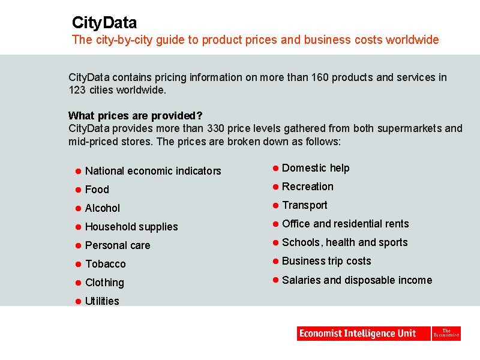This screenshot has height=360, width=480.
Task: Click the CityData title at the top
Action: pos(104,23)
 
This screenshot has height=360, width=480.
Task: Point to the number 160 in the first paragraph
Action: pos(320,77)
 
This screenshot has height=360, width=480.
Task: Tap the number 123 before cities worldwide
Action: pos(77,90)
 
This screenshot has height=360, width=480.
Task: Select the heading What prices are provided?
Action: pos(136,116)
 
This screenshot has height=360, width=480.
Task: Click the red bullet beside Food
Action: pos(78,190)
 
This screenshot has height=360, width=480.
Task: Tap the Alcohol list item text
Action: pos(103,208)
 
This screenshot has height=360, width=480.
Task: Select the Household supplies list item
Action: pos(131,227)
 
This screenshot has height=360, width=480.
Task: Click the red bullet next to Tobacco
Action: pos(78,264)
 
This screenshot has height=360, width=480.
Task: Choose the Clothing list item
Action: pos(104,283)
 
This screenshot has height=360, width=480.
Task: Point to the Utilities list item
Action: pos(102,301)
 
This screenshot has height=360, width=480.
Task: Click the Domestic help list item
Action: pos(316,168)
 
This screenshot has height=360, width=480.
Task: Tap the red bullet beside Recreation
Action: pos(275,187)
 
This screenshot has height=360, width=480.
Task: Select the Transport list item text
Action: pos(305,205)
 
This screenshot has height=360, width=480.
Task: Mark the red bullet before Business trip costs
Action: pos(275,261)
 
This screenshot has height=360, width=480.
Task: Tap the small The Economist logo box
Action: pos(446,334)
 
